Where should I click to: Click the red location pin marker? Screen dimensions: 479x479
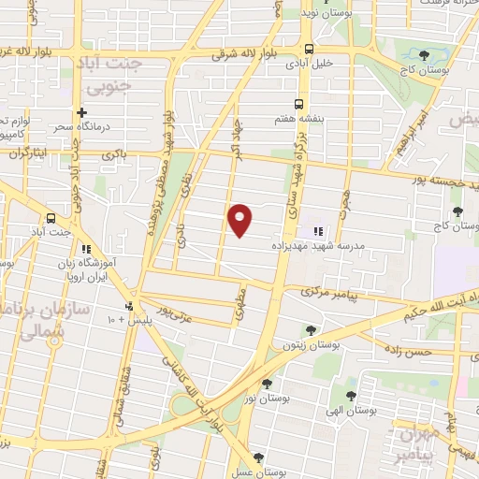click(x=240, y=220)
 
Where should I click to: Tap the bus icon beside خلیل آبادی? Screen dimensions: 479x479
click(x=308, y=50)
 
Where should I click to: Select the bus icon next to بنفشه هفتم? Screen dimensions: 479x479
click(x=298, y=105)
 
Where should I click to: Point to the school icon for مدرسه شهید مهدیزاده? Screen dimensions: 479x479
click(x=316, y=229)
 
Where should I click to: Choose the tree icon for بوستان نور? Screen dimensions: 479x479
click(x=267, y=384)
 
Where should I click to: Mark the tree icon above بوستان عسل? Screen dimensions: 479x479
click(x=258, y=457)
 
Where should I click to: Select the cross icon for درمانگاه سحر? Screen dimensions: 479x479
click(x=82, y=112)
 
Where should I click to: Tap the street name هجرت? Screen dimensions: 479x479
click(x=347, y=200)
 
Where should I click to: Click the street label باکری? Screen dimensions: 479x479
click(x=113, y=153)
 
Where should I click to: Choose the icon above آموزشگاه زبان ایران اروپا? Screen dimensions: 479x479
click(x=86, y=250)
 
